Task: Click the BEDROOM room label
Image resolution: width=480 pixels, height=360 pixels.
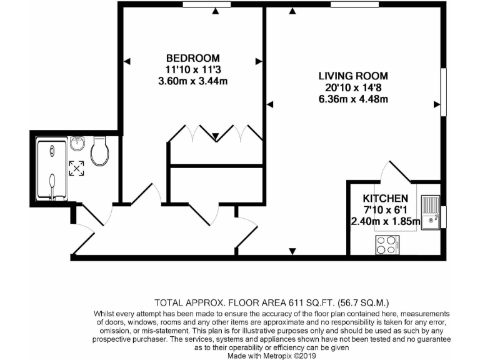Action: [x=192, y=58]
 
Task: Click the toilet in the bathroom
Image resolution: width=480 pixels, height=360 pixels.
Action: [x=99, y=151]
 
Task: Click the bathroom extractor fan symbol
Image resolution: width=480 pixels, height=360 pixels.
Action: [x=77, y=167]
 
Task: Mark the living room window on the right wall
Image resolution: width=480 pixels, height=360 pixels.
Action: [x=444, y=92]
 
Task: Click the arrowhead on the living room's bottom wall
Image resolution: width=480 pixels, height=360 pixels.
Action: [x=292, y=251]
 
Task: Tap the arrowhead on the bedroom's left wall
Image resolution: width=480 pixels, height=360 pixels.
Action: [x=126, y=61]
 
